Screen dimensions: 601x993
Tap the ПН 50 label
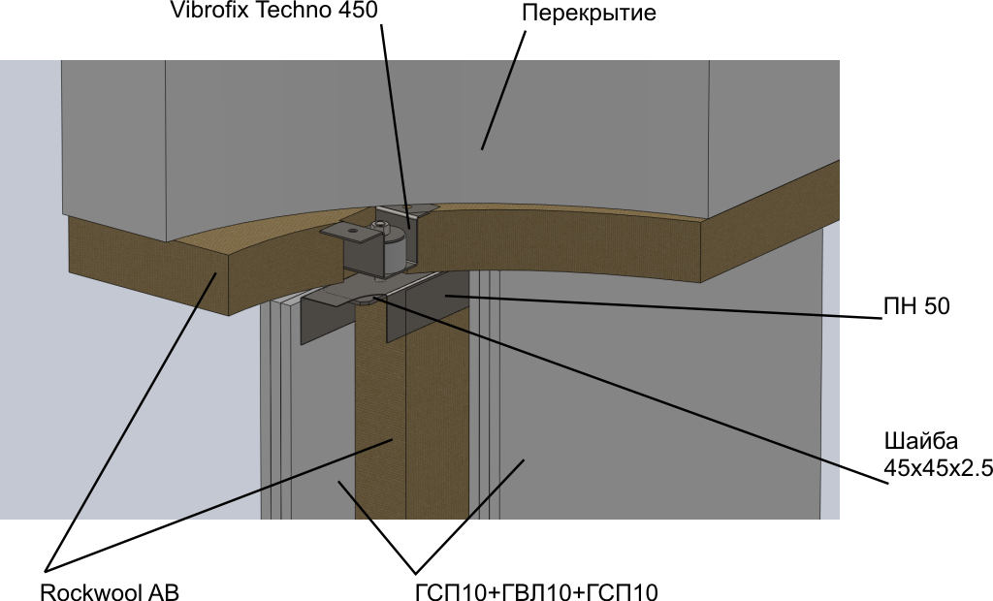pos(915,307)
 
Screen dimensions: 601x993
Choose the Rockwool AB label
pos(110,591)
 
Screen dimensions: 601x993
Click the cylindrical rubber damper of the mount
pos(393,254)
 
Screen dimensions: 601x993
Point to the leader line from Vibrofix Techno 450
pos(395,116)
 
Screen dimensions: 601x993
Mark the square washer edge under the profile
pos(363,301)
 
